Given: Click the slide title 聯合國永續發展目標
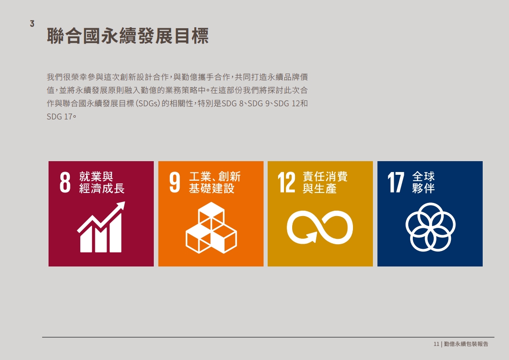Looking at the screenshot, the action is coord(127,36).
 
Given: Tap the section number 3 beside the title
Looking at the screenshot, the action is coord(32,24).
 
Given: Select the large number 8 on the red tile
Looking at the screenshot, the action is coord(65,182).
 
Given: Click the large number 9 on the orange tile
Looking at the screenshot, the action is coord(175,182).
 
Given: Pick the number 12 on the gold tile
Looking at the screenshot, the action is coord(287,182).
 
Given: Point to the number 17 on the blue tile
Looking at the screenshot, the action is coord(396,182).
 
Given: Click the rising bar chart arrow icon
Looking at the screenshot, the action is coord(101,227).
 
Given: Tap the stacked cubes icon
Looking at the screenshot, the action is coord(211,227).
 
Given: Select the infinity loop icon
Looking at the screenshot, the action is coord(320,227).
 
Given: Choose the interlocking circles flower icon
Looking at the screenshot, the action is coord(431,227).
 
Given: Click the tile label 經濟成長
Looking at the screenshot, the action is coord(102,188).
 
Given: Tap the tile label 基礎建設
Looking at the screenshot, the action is coord(212,188).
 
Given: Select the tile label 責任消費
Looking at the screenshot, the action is coord(325,177).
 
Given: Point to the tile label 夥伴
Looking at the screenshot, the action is coord(423,188).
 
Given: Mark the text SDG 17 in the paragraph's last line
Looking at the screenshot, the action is coord(59,117).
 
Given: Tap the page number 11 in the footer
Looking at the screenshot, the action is coord(436,344).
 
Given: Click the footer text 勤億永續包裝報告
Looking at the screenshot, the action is coord(466,344).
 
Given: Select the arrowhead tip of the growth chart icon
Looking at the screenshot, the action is coord(124,202).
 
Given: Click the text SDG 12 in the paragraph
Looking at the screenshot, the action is coord(287,104).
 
